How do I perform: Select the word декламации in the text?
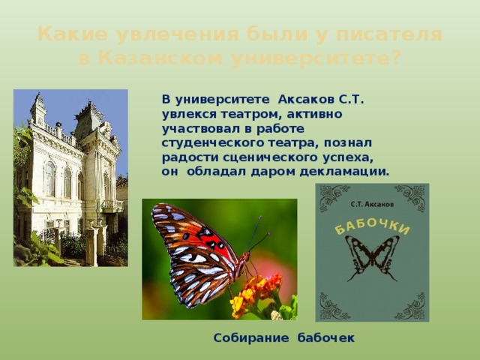pos(344,172)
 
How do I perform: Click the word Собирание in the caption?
pos(251,338)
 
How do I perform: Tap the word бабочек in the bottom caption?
pos(326,337)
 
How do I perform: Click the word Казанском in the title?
pos(160,58)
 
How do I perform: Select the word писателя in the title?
pos(389,34)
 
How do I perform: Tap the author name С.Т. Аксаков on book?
pos(372,204)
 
